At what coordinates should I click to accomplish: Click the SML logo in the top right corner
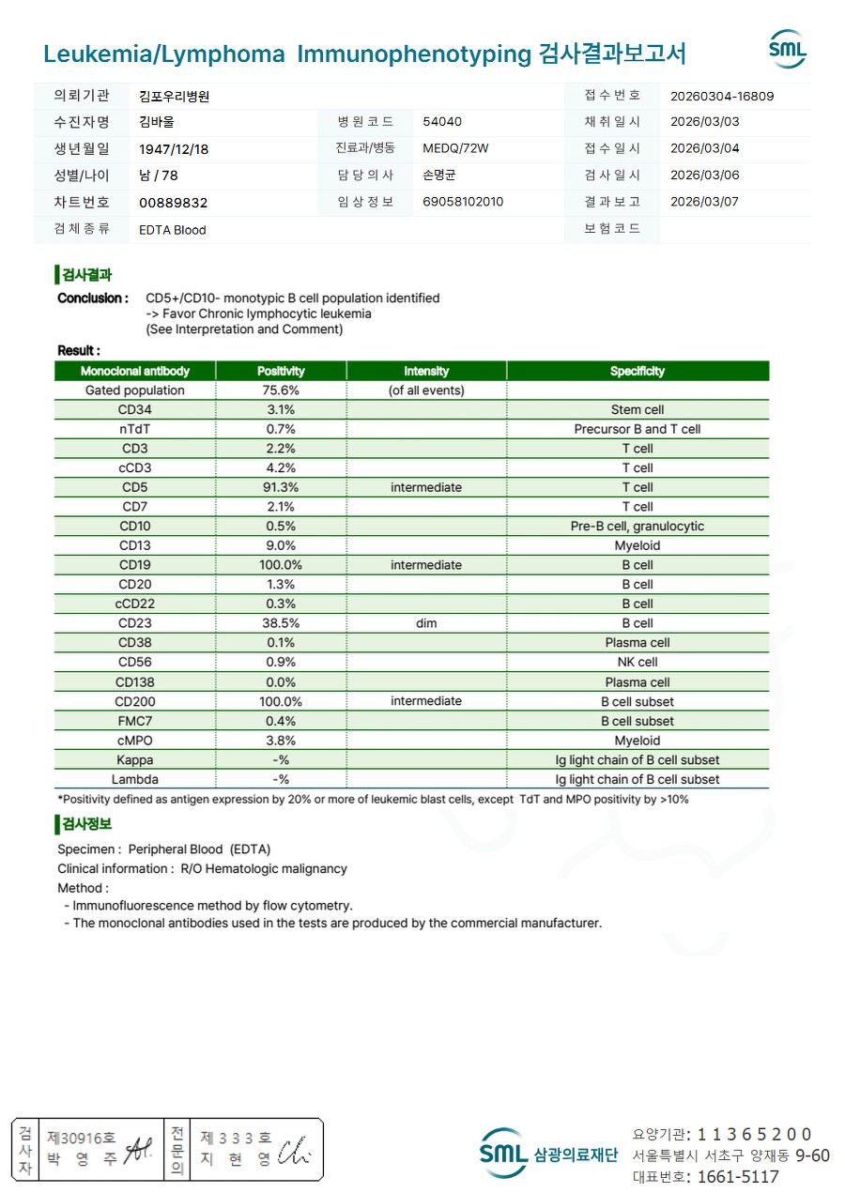(x=787, y=50)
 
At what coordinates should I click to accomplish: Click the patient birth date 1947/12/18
(x=174, y=149)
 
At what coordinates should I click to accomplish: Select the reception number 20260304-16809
(x=722, y=96)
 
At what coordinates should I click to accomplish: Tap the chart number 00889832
(x=173, y=203)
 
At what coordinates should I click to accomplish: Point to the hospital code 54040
(x=442, y=122)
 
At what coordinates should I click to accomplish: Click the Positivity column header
(x=281, y=371)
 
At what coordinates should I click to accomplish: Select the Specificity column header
(x=637, y=371)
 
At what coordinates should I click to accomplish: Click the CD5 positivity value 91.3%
(x=281, y=487)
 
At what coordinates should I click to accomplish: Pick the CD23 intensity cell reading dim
(x=426, y=623)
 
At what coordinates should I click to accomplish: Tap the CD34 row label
(x=135, y=409)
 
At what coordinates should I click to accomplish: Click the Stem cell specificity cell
(x=637, y=409)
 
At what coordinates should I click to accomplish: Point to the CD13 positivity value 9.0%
(x=281, y=545)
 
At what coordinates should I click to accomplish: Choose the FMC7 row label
(x=135, y=721)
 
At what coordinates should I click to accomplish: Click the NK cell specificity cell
(x=637, y=663)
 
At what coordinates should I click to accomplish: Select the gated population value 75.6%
(x=281, y=390)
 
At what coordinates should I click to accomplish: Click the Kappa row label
(x=135, y=760)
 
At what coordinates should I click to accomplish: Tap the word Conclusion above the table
(x=92, y=298)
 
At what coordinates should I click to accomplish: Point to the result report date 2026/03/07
(x=705, y=202)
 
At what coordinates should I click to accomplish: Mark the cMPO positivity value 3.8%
(x=281, y=741)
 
